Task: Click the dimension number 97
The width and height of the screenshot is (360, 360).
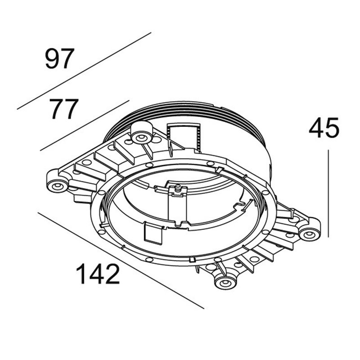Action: [x=60, y=58]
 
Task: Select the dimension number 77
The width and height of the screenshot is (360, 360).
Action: [x=64, y=109]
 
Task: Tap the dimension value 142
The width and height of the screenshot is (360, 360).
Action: [x=98, y=274]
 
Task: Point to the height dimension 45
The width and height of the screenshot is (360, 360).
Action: [x=324, y=128]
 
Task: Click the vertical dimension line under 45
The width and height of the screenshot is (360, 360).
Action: [x=328, y=193]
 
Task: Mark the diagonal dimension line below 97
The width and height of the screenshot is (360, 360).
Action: [x=84, y=71]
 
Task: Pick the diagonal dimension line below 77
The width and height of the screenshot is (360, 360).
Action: [x=85, y=126]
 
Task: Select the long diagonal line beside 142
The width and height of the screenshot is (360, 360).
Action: [x=121, y=261]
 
